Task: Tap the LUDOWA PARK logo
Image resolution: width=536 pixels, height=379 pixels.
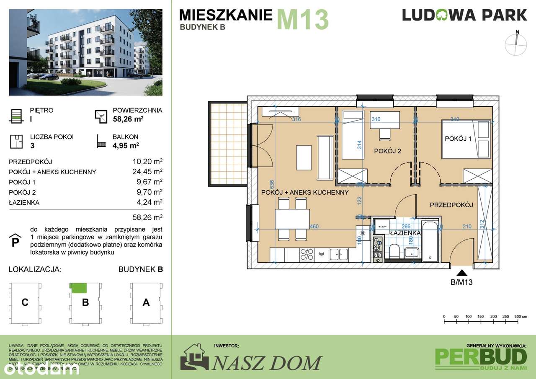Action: click(464, 15)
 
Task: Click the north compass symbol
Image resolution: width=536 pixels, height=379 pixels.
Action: click(517, 44)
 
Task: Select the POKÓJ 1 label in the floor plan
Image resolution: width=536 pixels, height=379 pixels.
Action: click(458, 139)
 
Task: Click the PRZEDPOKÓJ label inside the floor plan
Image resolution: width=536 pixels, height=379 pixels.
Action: click(451, 205)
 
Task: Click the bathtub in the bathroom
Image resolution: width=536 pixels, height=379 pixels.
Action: click(431, 241)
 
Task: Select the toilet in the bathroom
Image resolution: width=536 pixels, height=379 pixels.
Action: click(394, 252)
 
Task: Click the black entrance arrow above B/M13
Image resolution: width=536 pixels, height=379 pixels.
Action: click(461, 272)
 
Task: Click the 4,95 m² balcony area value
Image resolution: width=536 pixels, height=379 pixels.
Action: click(126, 146)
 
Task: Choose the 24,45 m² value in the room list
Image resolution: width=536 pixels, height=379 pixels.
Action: click(147, 172)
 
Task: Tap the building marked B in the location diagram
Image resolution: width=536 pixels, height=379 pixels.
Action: click(85, 302)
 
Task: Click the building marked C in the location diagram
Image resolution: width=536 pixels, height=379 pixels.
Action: click(25, 302)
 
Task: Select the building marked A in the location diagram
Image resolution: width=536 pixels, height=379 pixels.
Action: click(146, 302)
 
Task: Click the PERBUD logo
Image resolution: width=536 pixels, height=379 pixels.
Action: click(481, 356)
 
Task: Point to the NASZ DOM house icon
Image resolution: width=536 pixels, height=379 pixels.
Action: click(194, 357)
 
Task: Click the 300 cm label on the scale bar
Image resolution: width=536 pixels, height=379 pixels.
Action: click(520, 316)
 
